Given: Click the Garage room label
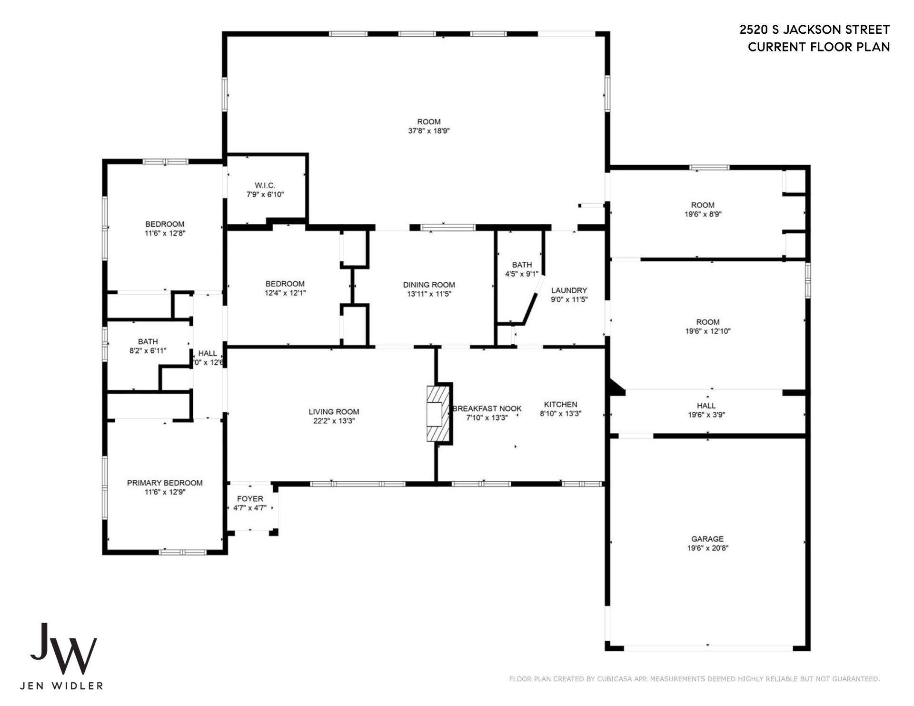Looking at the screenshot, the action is pyautogui.click(x=707, y=539).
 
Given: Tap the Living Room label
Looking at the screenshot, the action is pyautogui.click(x=334, y=412).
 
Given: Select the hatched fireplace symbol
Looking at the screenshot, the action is pyautogui.click(x=438, y=413).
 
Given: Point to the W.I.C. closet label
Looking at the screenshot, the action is pyautogui.click(x=265, y=185).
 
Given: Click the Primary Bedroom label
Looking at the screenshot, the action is pyautogui.click(x=165, y=483).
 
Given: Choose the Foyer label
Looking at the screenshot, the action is pyautogui.click(x=250, y=499).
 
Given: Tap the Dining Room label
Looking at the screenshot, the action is pyautogui.click(x=429, y=285).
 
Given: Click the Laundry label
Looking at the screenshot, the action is pyautogui.click(x=569, y=290).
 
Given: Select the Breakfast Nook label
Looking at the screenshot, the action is pyautogui.click(x=487, y=408).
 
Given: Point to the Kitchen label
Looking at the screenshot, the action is pyautogui.click(x=560, y=405).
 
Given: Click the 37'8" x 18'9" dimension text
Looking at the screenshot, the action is pyautogui.click(x=429, y=131).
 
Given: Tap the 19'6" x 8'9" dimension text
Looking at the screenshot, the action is pyautogui.click(x=703, y=214).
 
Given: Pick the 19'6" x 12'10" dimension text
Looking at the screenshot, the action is pyautogui.click(x=707, y=331).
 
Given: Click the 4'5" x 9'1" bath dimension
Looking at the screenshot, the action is pyautogui.click(x=522, y=274).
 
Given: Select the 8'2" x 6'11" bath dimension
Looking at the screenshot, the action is pyautogui.click(x=148, y=351).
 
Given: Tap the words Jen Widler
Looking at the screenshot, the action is pyautogui.click(x=61, y=686).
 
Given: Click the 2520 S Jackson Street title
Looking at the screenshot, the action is pyautogui.click(x=815, y=30).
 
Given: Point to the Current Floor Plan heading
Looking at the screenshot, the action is pyautogui.click(x=819, y=47).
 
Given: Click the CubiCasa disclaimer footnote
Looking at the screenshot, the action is pyautogui.click(x=695, y=679).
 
